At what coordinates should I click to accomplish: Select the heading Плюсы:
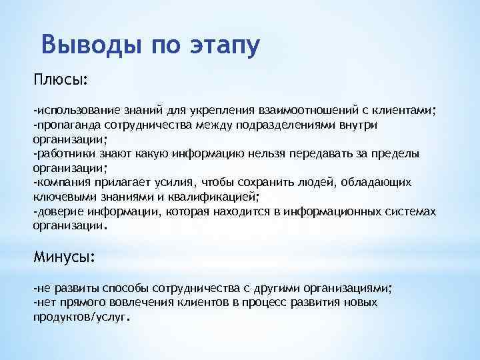(x=61, y=80)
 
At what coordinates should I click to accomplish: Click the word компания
(x=59, y=183)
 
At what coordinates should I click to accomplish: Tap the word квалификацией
(x=220, y=197)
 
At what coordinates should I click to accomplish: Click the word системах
(x=411, y=212)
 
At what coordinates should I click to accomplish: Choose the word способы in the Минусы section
(x=125, y=288)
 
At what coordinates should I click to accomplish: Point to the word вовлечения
(x=133, y=302)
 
